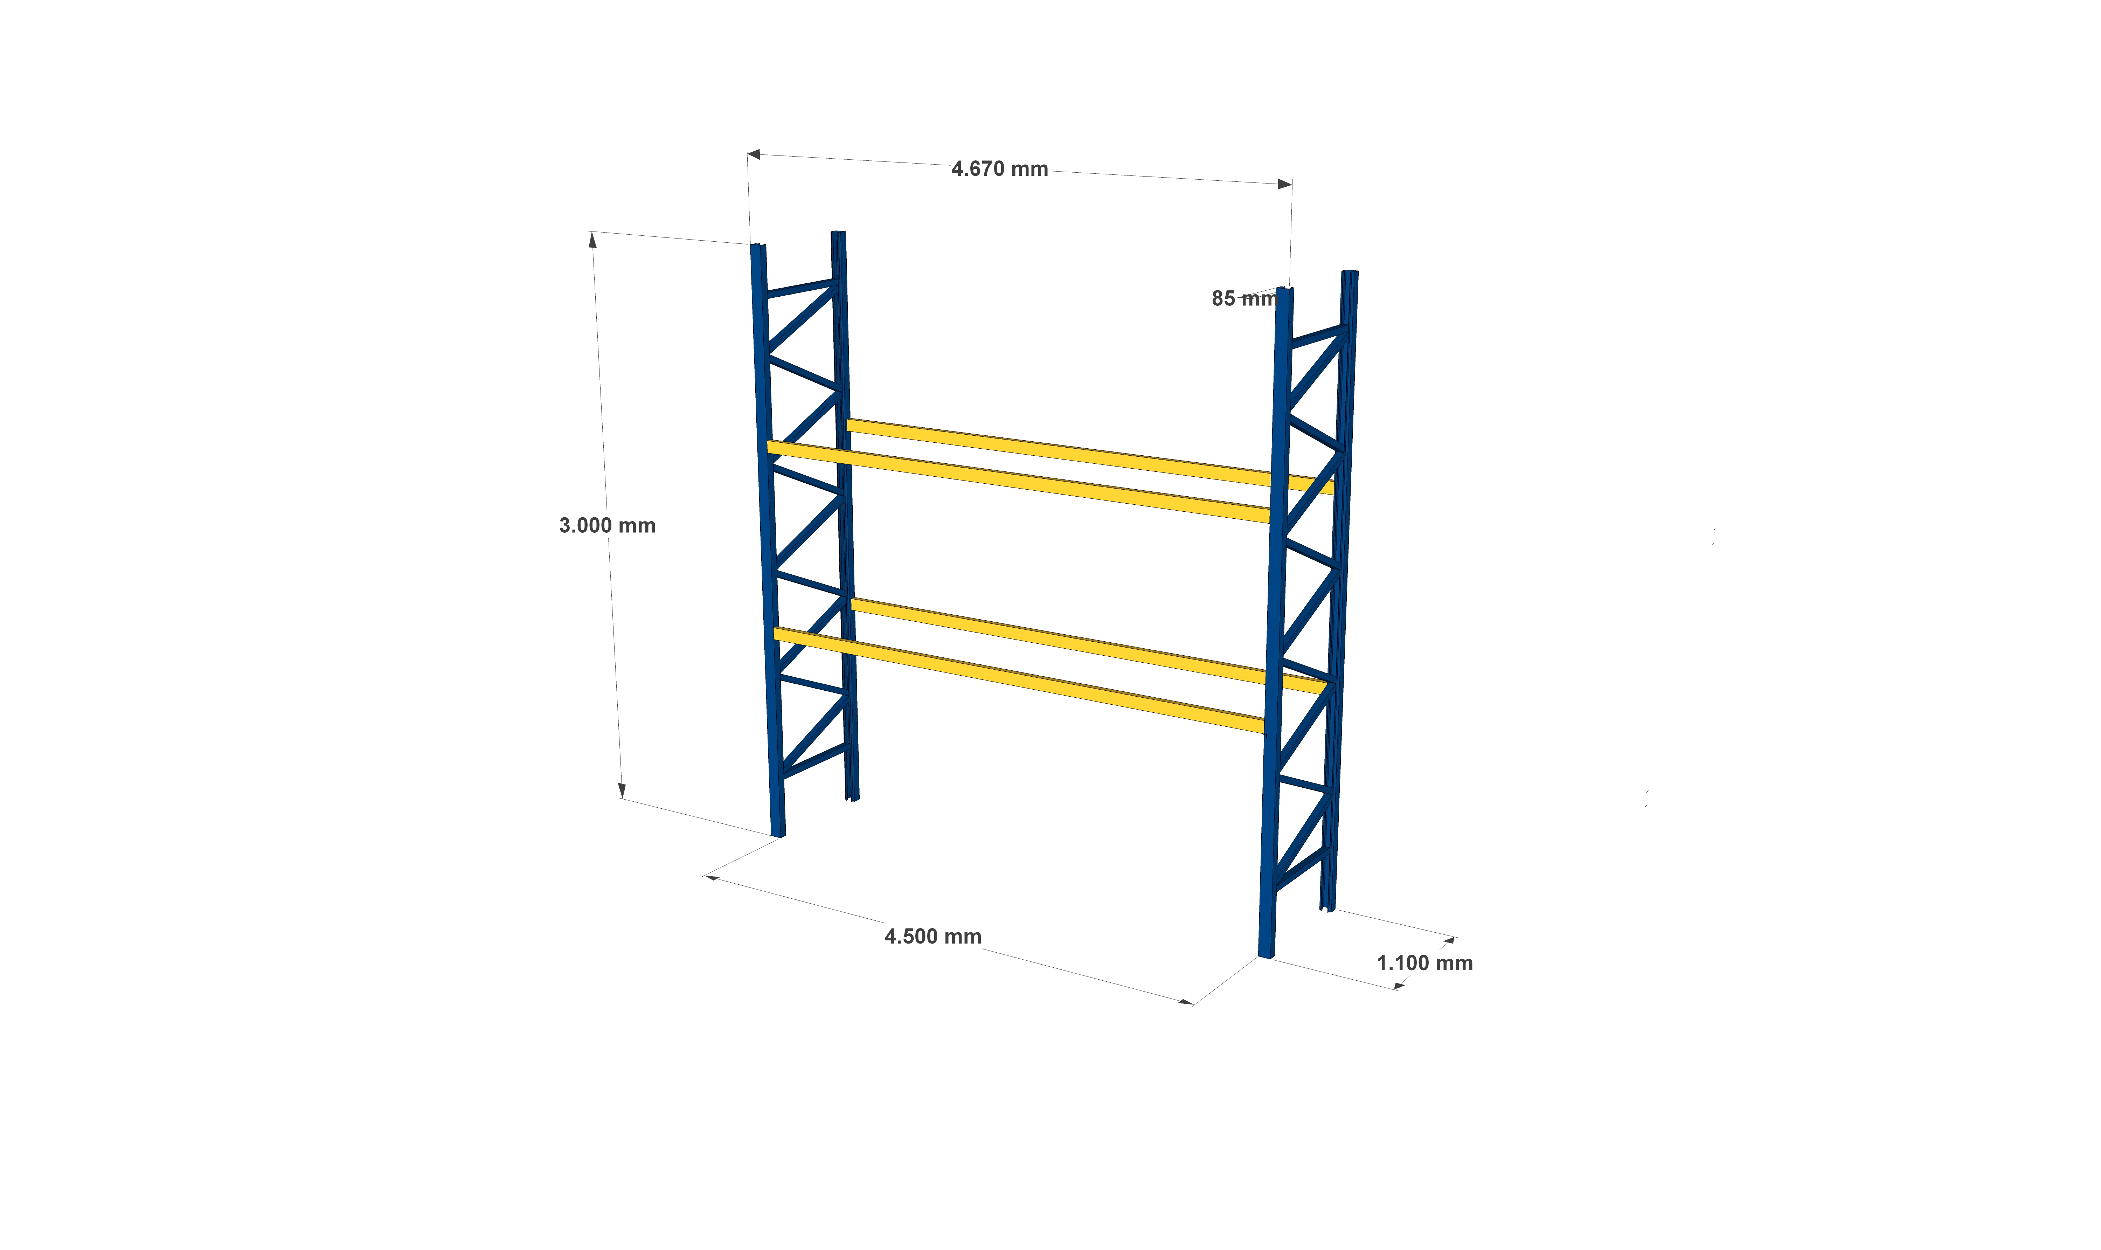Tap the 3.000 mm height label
click(607, 526)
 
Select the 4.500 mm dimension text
click(933, 937)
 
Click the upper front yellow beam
click(1018, 482)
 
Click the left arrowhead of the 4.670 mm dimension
click(753, 154)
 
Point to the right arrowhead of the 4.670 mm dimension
click(1285, 184)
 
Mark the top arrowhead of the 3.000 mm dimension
click(592, 240)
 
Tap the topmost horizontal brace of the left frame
click(801, 288)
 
